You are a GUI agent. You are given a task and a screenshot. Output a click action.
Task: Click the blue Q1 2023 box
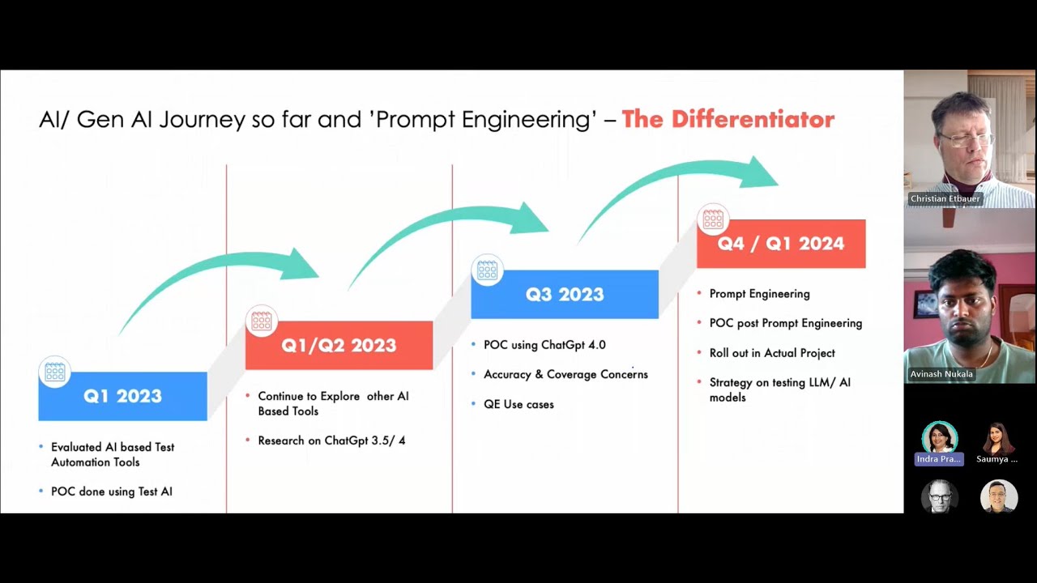click(122, 396)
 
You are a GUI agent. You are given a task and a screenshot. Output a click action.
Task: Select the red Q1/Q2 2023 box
click(339, 346)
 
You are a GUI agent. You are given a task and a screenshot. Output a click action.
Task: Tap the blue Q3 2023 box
click(565, 295)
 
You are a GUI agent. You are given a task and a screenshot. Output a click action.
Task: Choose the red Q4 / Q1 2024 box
click(781, 244)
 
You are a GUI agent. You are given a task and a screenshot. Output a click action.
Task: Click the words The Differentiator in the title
click(728, 120)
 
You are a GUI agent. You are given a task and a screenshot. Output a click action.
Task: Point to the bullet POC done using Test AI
click(111, 492)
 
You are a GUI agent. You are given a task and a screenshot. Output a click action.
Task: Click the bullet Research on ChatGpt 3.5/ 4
click(331, 440)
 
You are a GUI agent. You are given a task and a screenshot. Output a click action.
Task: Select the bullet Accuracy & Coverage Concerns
click(565, 374)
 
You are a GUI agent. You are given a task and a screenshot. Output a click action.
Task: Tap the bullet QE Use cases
click(518, 404)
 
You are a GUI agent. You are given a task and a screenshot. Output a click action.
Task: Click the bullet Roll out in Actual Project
click(772, 353)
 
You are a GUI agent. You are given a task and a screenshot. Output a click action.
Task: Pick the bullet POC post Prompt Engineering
click(785, 323)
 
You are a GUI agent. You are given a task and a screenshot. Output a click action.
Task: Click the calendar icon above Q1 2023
click(55, 372)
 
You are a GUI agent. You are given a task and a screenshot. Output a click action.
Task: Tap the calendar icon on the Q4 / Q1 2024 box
click(713, 219)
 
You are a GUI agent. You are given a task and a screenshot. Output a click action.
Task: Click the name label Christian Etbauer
click(945, 199)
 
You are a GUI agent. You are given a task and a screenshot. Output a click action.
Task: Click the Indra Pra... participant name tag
click(939, 459)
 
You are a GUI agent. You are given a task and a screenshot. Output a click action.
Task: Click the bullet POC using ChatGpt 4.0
click(544, 345)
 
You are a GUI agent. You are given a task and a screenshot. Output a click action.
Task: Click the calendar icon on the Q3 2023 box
click(488, 270)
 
